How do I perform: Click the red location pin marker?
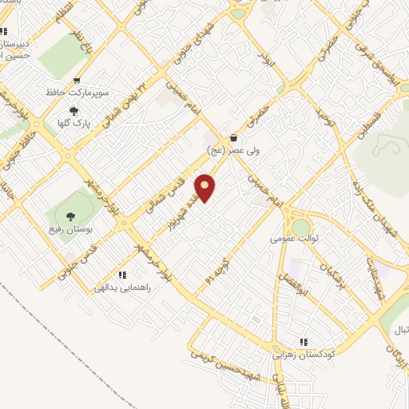(x=206, y=188)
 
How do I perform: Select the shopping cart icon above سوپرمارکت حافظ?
(x=77, y=80)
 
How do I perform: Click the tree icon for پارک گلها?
(x=74, y=111)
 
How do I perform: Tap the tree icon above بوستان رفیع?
(x=70, y=216)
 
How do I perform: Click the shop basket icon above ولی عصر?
(x=233, y=137)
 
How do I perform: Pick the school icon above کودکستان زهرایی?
(x=303, y=340)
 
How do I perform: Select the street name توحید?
(x=325, y=121)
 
